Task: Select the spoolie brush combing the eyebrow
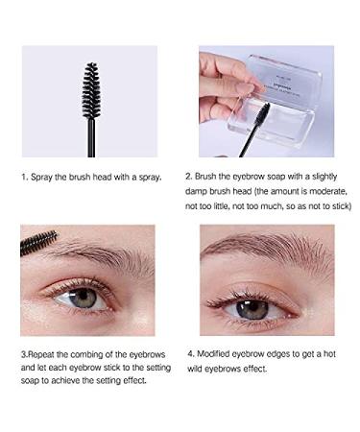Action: [38, 243]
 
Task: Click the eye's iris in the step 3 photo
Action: [85, 298]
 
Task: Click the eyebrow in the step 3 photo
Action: [96, 257]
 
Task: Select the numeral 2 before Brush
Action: [202, 178]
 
